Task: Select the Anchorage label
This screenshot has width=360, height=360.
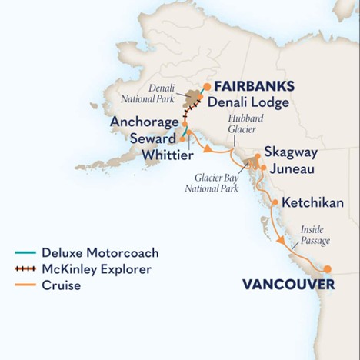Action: (x=145, y=122)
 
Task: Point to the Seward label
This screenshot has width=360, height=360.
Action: (x=152, y=138)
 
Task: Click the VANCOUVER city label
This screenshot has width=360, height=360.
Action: (x=288, y=285)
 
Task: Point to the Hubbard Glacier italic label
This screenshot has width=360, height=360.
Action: (x=239, y=125)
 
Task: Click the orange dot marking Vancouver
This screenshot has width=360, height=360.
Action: (x=328, y=268)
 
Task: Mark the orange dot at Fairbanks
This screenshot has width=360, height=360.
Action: (x=207, y=86)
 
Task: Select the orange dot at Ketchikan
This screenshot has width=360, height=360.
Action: (x=275, y=203)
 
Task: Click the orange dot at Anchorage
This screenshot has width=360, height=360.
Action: (x=185, y=122)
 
